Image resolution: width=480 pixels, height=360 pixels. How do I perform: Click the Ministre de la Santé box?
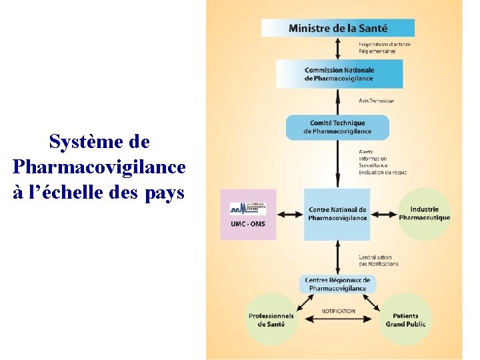(337, 28)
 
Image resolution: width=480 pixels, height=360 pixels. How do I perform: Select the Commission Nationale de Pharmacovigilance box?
(339, 74)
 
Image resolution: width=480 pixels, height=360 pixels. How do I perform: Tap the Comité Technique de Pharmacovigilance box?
(337, 127)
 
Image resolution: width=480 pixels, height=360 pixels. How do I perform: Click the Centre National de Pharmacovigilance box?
(337, 214)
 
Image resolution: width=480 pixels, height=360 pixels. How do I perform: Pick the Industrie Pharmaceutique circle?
(425, 214)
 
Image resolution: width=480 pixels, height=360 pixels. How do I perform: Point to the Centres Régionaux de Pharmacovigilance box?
(337, 284)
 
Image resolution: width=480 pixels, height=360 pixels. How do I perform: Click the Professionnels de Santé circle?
(271, 319)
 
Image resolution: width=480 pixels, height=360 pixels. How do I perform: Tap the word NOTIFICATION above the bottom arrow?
(338, 311)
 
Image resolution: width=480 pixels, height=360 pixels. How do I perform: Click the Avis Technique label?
(376, 101)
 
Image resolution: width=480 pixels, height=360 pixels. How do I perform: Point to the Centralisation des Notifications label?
(378, 261)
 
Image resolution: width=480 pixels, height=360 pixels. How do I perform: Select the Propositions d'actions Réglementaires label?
(385, 47)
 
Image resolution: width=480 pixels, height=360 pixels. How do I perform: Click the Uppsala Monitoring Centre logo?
(247, 208)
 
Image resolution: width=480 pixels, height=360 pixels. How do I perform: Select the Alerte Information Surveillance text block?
(382, 162)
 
